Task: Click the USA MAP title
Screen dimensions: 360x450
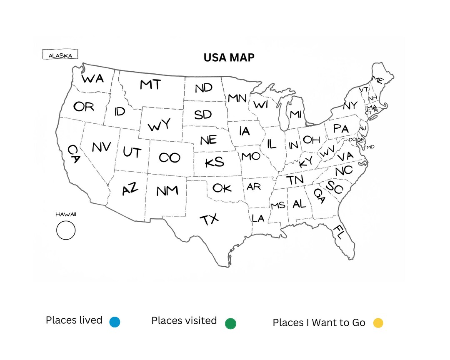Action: (229, 57)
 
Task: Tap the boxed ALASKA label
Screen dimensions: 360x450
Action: (60, 55)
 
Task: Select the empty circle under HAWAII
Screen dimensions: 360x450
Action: (66, 230)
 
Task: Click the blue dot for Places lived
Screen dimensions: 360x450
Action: (115, 322)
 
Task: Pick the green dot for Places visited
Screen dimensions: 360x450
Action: (230, 323)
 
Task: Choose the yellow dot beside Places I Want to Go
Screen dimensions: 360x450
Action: (378, 322)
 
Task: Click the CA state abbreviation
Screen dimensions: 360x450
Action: (74, 154)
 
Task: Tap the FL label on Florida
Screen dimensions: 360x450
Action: (338, 232)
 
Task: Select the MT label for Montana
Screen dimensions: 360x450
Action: (150, 85)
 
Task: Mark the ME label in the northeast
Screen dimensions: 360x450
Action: (377, 80)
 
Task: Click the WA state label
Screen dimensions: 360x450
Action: (92, 78)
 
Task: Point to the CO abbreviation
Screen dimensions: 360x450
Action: (170, 157)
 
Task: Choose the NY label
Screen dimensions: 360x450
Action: (350, 106)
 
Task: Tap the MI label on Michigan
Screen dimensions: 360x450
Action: (295, 114)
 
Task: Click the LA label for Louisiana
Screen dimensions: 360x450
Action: (258, 218)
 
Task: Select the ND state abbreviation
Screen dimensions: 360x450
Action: (204, 88)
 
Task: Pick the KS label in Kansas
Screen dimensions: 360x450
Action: (215, 162)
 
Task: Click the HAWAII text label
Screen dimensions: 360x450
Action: (66, 215)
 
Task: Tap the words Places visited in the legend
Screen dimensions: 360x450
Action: (184, 320)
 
